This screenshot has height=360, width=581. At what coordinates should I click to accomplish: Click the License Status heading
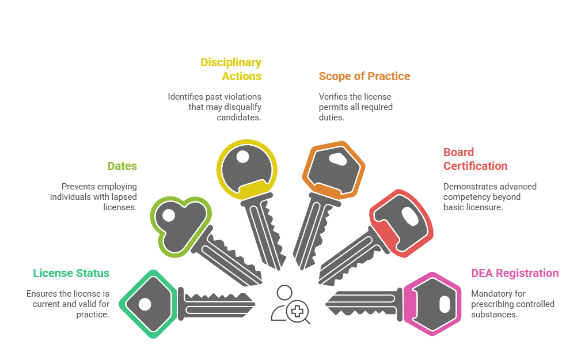point(71,273)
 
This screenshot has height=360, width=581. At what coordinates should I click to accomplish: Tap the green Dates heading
point(122,166)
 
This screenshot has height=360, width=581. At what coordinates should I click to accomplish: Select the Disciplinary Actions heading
point(231,69)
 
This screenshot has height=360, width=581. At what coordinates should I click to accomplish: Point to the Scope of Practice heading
point(364,76)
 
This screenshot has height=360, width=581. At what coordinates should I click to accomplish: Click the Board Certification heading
point(475,160)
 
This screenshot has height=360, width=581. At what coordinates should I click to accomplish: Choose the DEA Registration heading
point(515,273)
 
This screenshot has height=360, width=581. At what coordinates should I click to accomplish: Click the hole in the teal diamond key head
point(145,304)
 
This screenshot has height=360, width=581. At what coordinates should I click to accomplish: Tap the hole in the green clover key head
point(168,215)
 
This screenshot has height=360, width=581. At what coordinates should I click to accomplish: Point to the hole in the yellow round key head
point(242,156)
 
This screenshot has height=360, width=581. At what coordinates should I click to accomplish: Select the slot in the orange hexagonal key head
point(335,158)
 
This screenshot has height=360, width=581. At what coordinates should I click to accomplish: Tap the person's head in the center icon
point(283,293)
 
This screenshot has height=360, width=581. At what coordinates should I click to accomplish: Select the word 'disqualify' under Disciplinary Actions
point(242,107)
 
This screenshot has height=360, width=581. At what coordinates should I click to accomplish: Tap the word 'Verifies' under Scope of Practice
point(333,97)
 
